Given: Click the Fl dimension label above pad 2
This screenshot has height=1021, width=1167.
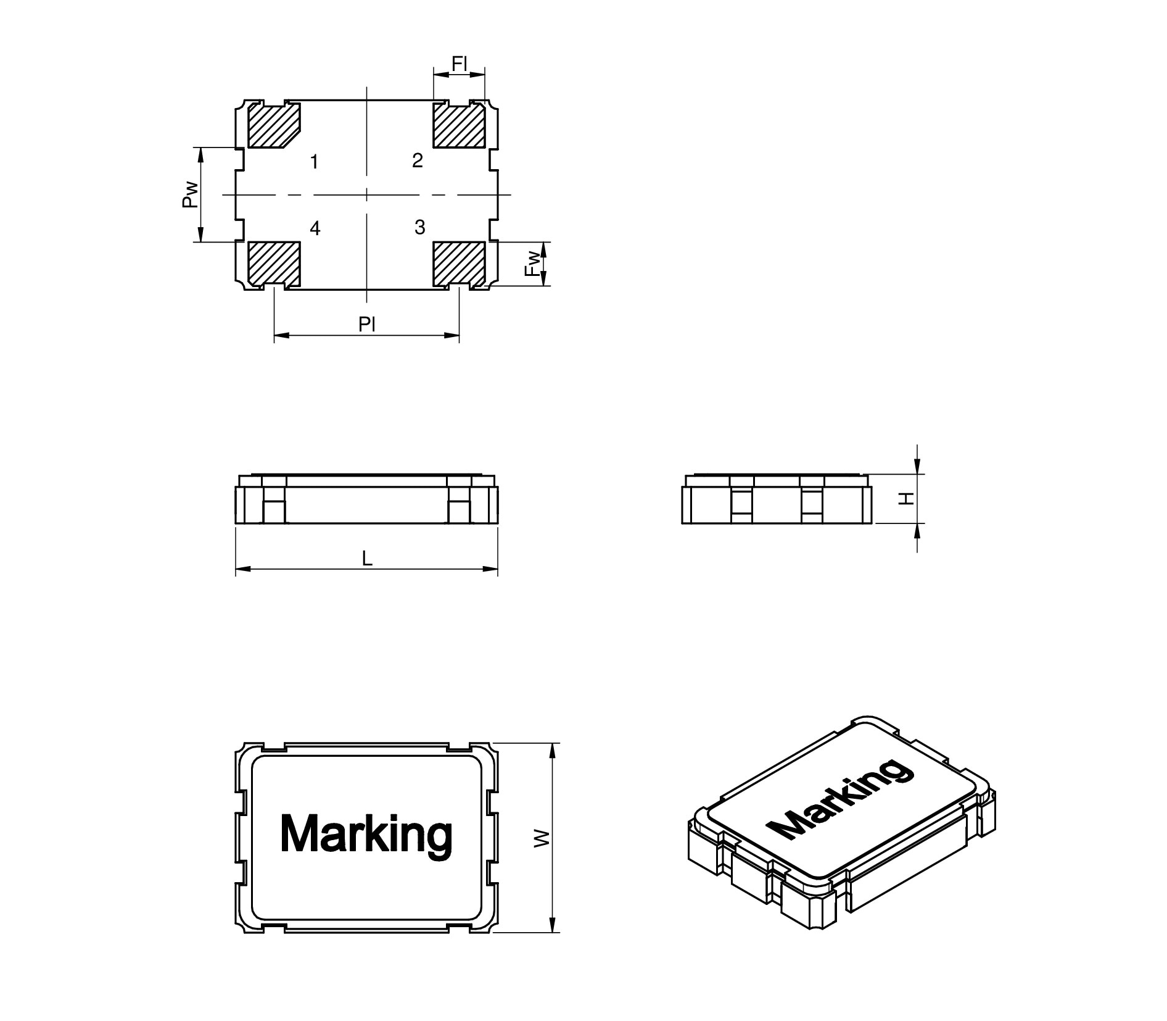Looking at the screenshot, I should pos(460,63).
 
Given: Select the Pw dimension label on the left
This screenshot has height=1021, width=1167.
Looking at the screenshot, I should pos(191,194).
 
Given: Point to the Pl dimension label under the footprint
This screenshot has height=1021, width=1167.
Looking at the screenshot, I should pos(367,323).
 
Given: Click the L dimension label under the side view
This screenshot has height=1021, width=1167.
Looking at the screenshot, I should pos(367,559).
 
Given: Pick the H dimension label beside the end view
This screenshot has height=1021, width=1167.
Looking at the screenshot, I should pos(906,498).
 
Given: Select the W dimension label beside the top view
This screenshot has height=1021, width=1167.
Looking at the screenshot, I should pos(541,838).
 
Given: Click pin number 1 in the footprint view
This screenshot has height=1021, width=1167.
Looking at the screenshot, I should pos(315,162).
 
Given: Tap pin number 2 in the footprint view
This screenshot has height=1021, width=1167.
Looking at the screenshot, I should pos(418,160).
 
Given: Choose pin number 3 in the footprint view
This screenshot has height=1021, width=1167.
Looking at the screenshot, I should pos(420,227).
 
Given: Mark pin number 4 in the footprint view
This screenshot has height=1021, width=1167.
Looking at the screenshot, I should pos(315,228).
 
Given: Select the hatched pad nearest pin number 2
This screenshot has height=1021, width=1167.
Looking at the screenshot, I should pos(458,125).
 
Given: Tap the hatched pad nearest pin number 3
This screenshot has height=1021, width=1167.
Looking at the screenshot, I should pos(458,264).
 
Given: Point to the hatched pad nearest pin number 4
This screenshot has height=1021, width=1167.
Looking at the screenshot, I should pos(274,264).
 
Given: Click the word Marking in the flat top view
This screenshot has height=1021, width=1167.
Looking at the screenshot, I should pos(366,833).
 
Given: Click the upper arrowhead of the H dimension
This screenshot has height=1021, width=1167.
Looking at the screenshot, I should pos(917,468).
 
